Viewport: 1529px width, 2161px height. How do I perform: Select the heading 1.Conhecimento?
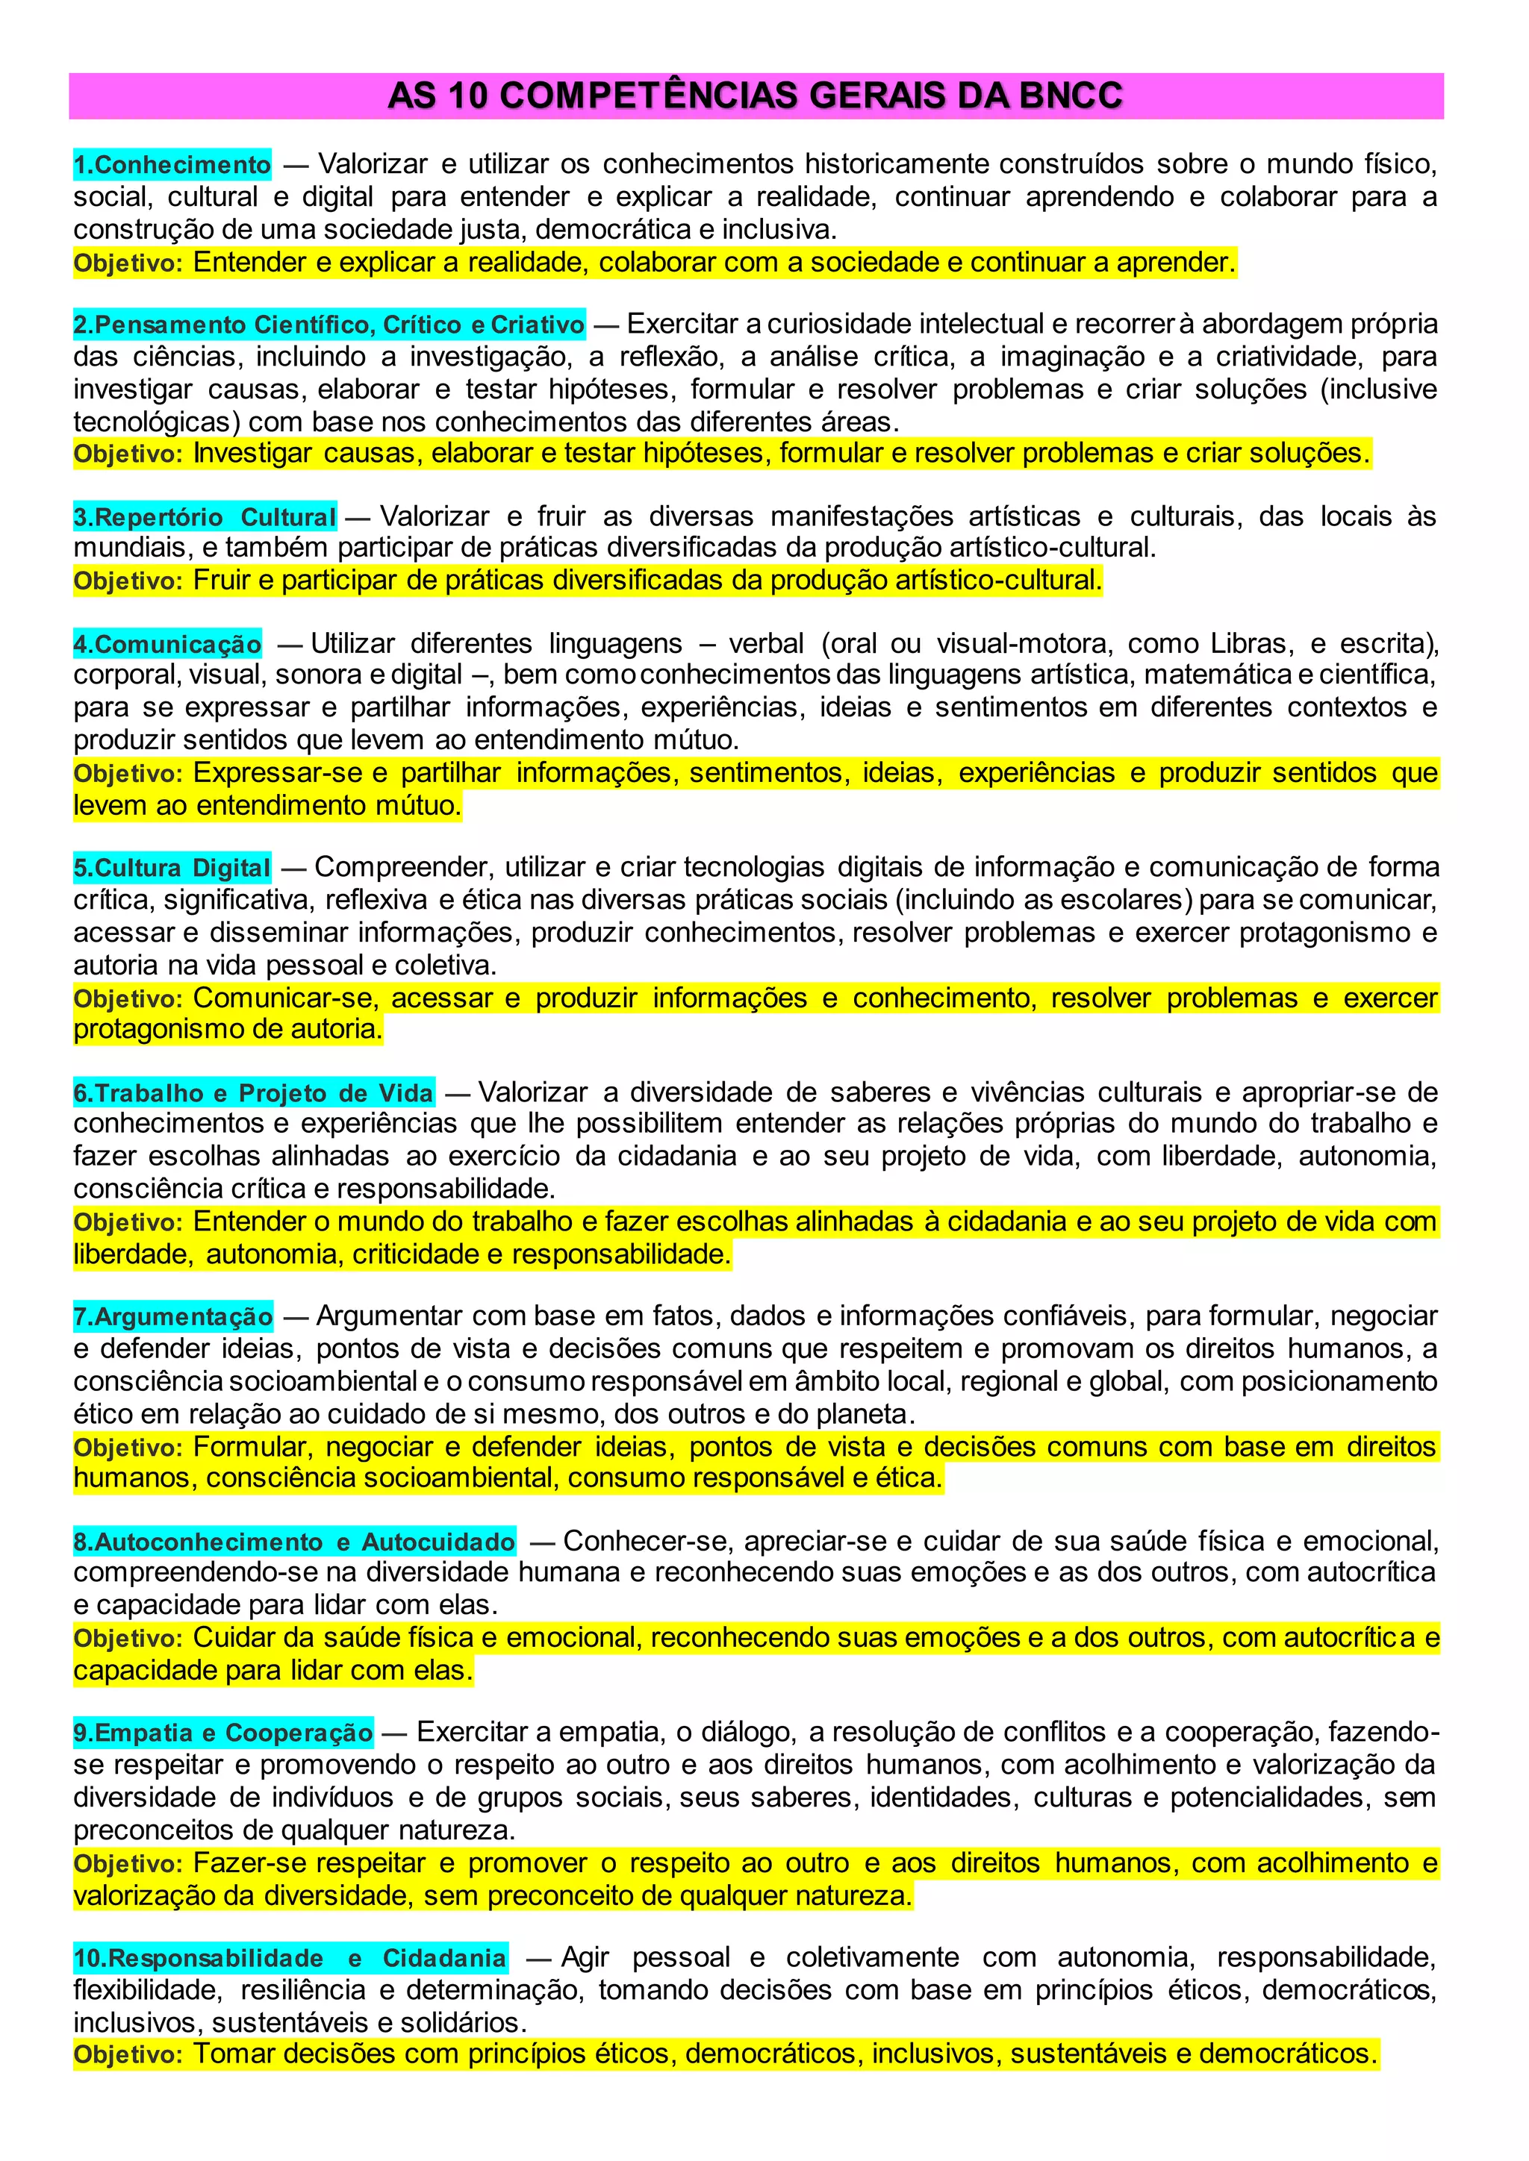(x=172, y=165)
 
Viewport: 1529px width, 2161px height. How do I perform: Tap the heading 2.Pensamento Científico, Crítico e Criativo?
(x=329, y=325)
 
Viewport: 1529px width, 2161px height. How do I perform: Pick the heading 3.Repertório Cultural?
(x=205, y=516)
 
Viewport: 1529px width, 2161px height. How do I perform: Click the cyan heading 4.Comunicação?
(x=167, y=644)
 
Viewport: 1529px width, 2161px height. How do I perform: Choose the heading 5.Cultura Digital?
(x=172, y=868)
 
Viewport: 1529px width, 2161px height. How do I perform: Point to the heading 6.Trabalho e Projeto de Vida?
(x=254, y=1092)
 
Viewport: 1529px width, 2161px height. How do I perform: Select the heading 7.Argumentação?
(x=173, y=1316)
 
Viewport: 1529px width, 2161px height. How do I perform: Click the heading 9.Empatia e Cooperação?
(x=223, y=1733)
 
